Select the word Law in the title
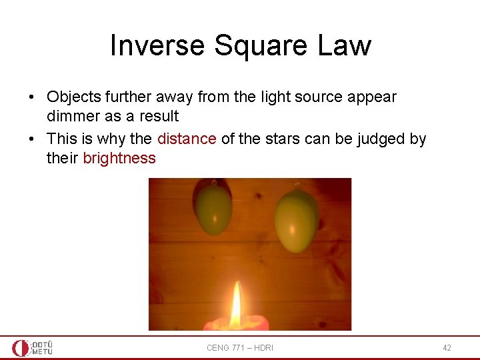pos(345,45)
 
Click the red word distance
pos(187,139)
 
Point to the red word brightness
pos(119,159)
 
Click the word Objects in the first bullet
pos(74,97)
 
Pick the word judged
pos(383,139)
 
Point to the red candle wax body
pos(237,325)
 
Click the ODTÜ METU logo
pos(32,347)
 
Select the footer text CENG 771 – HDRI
pos(240,348)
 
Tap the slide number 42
pos(447,348)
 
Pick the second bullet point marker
pos(32,139)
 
